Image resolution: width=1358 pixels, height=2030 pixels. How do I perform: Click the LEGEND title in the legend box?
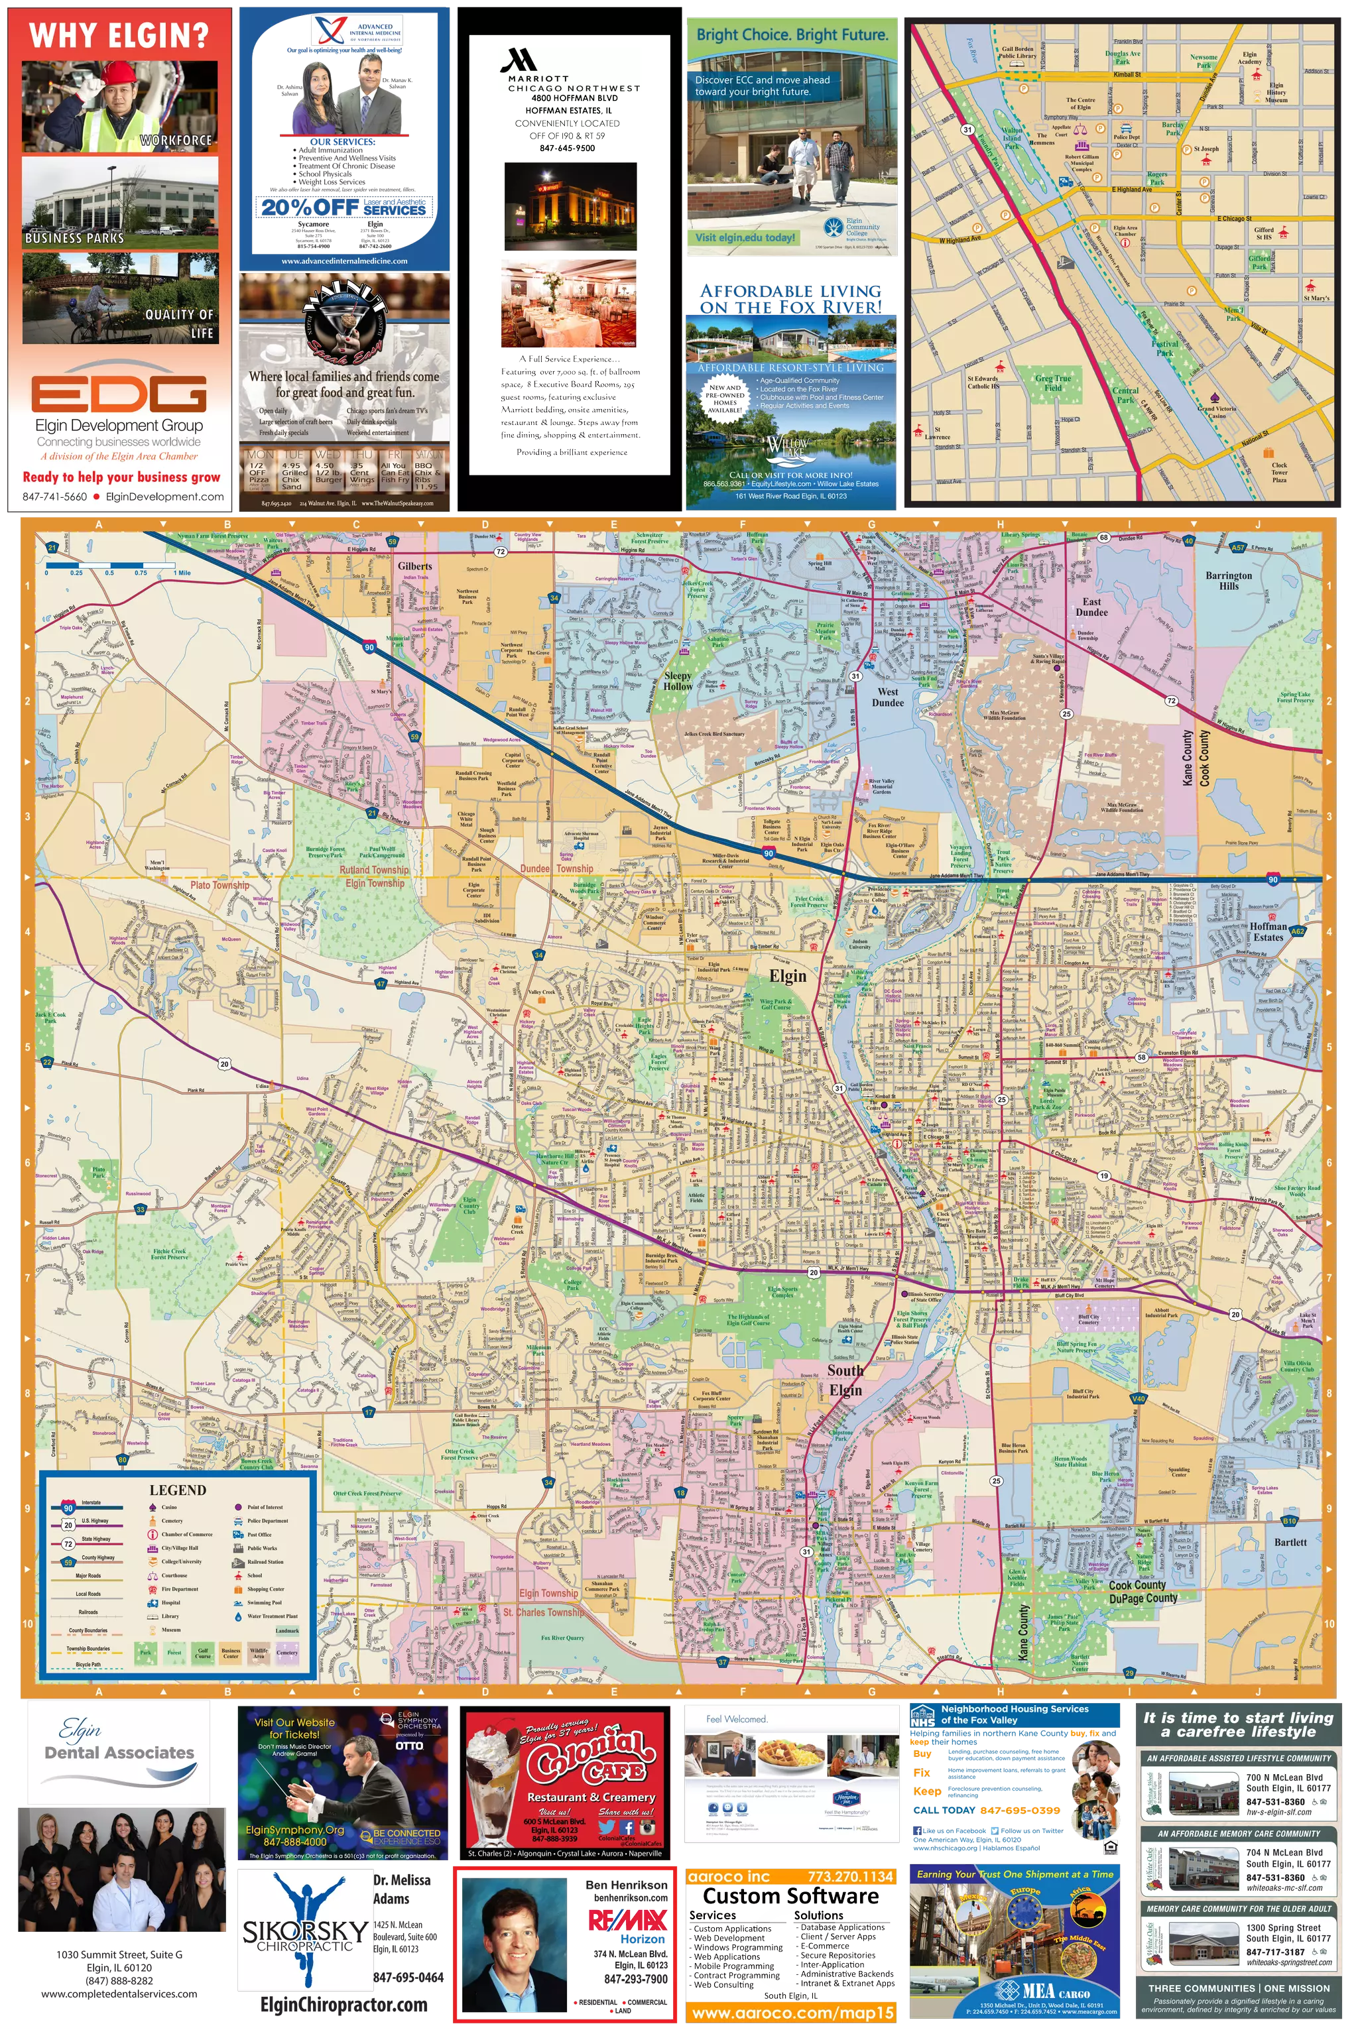[x=178, y=1490]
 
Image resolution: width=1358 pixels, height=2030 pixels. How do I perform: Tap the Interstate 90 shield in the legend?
[x=68, y=1508]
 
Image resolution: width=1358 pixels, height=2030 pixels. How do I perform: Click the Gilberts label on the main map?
[x=415, y=566]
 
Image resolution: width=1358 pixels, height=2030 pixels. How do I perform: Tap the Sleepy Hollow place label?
[x=678, y=680]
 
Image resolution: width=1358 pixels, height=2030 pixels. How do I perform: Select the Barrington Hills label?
[x=1228, y=580]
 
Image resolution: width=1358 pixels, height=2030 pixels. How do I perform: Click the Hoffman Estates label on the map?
[x=1268, y=931]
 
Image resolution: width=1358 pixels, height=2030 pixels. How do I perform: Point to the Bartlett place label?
[x=1290, y=1542]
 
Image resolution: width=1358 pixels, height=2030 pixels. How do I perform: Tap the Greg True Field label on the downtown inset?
[x=1052, y=383]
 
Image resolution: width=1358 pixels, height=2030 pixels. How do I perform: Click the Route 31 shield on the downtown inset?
[x=967, y=130]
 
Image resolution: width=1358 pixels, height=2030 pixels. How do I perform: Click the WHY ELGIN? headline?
[x=119, y=36]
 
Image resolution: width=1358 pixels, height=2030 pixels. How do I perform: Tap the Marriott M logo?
[x=517, y=60]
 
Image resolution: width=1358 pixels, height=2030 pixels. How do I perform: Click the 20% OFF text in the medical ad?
[x=309, y=207]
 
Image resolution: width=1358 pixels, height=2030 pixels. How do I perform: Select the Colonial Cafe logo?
[x=589, y=1760]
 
